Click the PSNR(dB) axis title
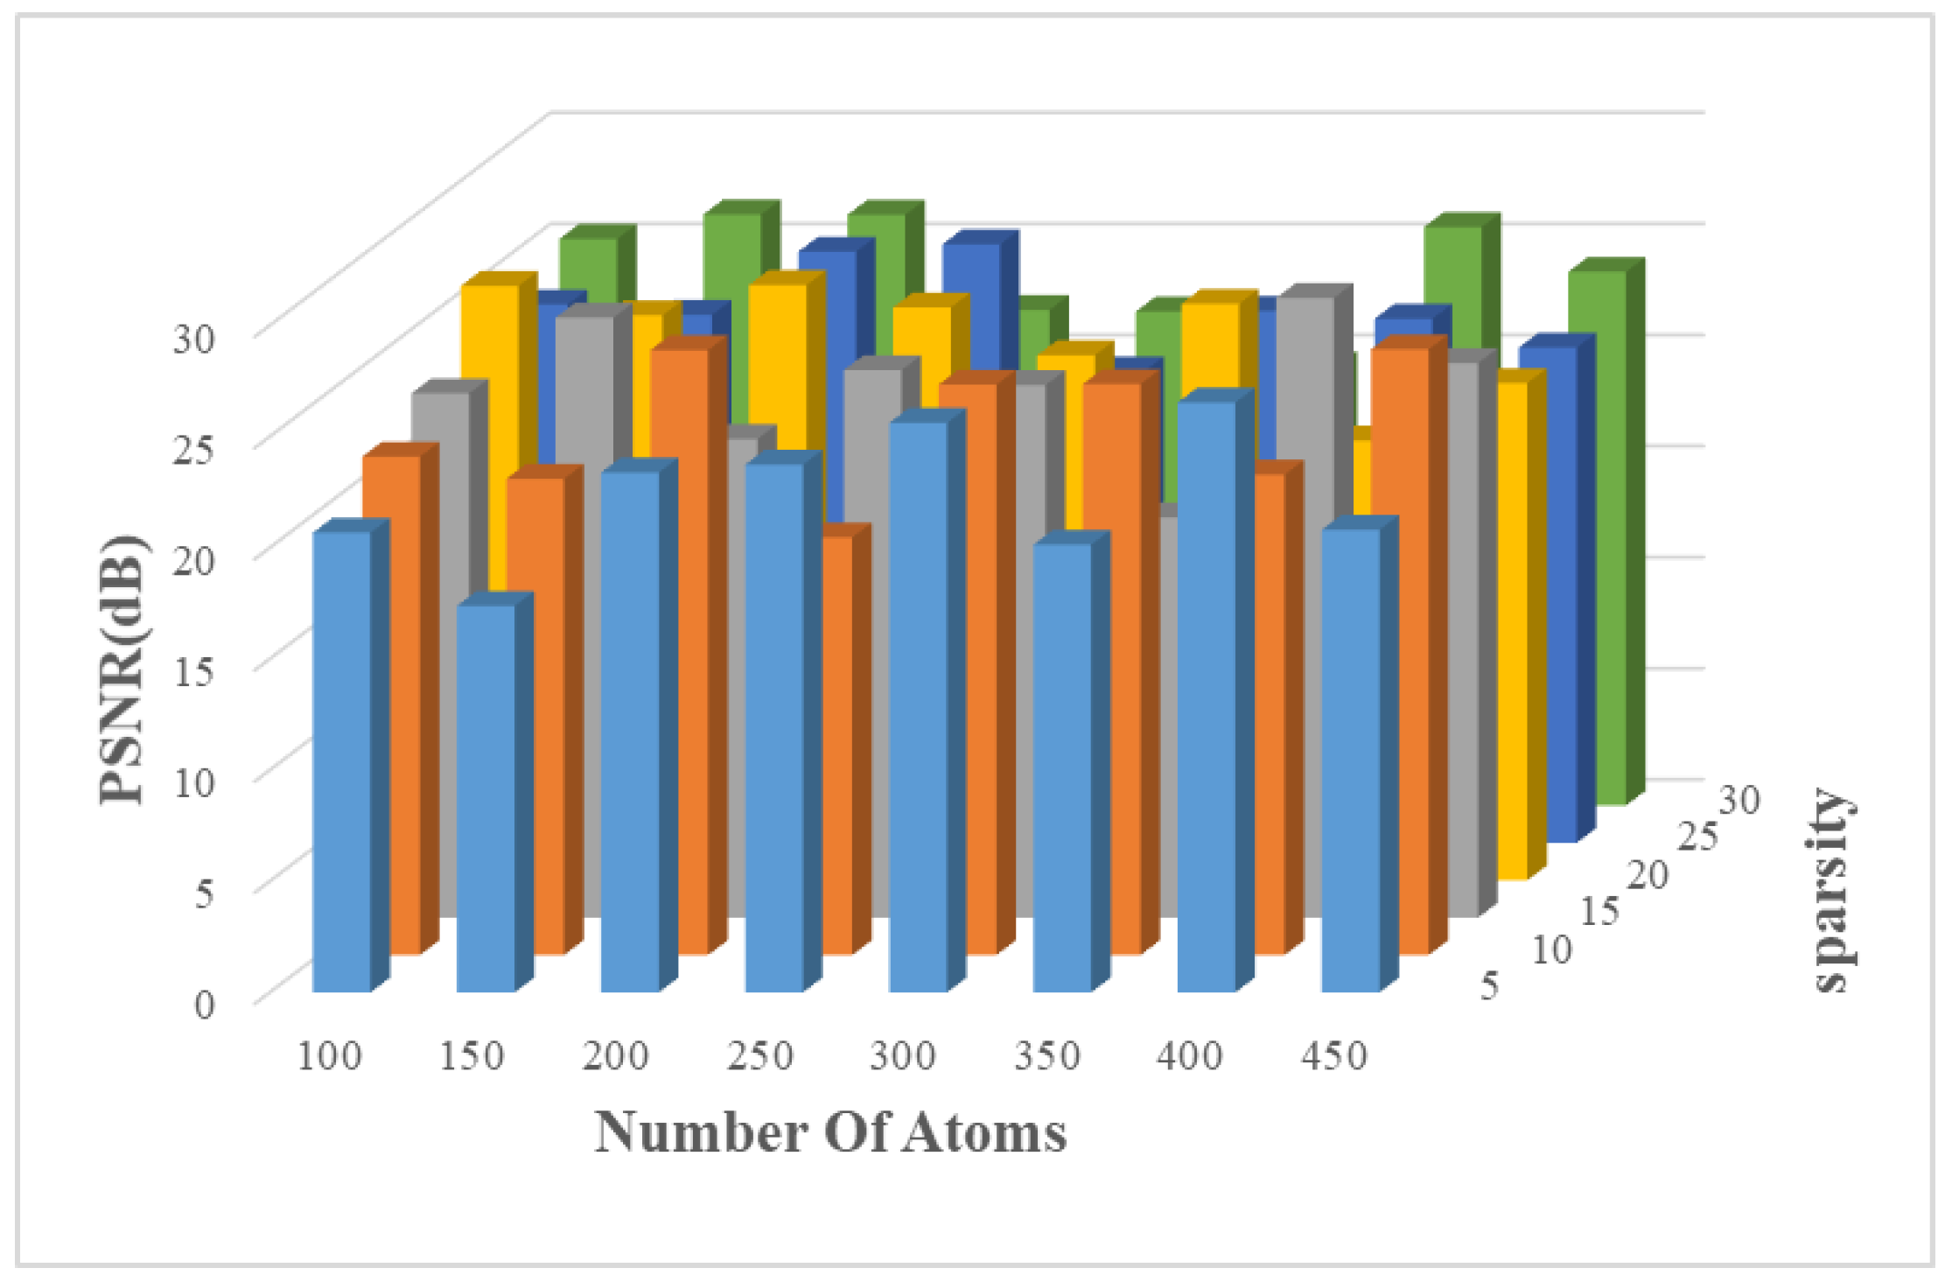pos(122,669)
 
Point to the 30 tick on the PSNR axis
pos(193,338)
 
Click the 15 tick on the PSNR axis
pos(193,670)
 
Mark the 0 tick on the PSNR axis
pos(203,1004)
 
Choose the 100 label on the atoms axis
pos(329,1056)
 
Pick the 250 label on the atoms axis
pos(759,1056)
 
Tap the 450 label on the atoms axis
pos(1333,1056)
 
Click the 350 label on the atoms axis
pos(1046,1056)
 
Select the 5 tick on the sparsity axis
pos(1489,985)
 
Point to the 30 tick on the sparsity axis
pos(1739,799)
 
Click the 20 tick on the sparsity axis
pos(1648,874)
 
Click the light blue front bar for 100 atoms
pos(341,761)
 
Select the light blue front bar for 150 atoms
pos(486,796)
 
